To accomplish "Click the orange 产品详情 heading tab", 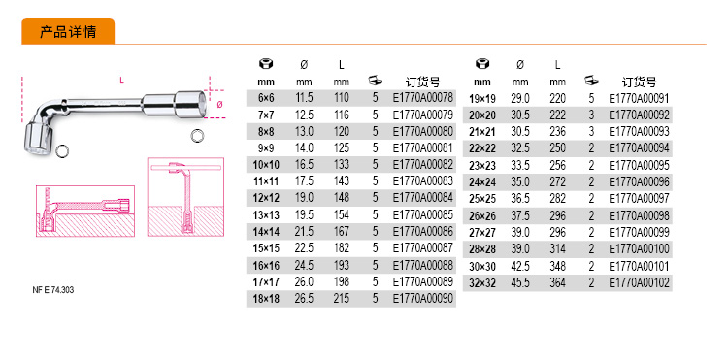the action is (68, 32).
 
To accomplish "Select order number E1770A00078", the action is (422, 98).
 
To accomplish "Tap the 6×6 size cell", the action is (266, 98).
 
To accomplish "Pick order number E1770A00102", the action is (640, 283).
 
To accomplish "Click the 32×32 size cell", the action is (482, 283).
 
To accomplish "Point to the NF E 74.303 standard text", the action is (53, 290).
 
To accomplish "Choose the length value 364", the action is (557, 283).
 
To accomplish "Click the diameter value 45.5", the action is (520, 283).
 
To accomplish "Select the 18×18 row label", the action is (266, 299).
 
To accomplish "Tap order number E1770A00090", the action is (422, 299).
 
